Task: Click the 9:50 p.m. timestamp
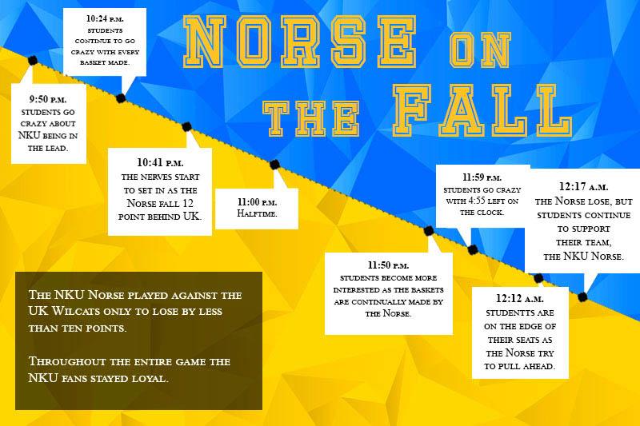tap(48, 99)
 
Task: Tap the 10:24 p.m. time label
tap(105, 18)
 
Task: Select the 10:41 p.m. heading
tap(160, 163)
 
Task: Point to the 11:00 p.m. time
tap(257, 201)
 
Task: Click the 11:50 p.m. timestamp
tap(388, 265)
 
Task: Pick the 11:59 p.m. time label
tap(482, 177)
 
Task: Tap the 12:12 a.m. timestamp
tap(520, 298)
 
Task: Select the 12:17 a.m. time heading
tap(584, 187)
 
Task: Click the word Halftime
tap(257, 213)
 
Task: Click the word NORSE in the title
tap(299, 42)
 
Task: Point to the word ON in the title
tap(480, 50)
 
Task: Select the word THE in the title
tap(311, 118)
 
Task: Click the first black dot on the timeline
tap(33, 60)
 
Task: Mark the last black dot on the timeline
tap(583, 297)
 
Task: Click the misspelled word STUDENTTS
tap(519, 313)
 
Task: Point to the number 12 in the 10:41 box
tap(187, 203)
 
